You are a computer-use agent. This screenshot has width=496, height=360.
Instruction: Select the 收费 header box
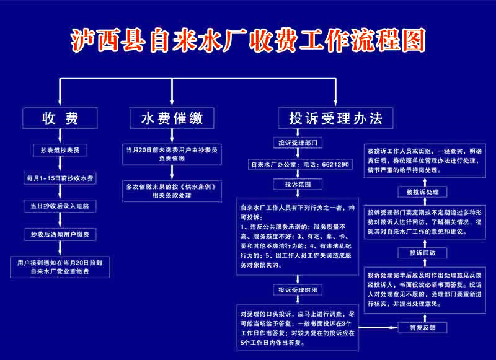(60, 117)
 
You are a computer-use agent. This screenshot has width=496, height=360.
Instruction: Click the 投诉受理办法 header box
(335, 117)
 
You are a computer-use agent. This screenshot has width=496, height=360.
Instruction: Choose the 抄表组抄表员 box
(60, 150)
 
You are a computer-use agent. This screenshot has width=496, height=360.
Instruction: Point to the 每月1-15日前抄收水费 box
(60, 178)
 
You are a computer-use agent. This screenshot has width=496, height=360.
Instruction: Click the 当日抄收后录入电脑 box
(60, 206)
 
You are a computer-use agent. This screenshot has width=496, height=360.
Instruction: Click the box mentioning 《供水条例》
(172, 190)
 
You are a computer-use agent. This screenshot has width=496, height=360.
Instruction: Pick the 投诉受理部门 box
(298, 143)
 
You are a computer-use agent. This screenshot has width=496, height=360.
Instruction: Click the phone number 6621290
(335, 164)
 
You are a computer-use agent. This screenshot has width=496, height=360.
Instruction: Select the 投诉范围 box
(298, 185)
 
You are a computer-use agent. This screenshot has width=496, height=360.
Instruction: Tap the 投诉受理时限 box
(298, 289)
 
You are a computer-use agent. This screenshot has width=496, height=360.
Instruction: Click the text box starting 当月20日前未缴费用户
(172, 154)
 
